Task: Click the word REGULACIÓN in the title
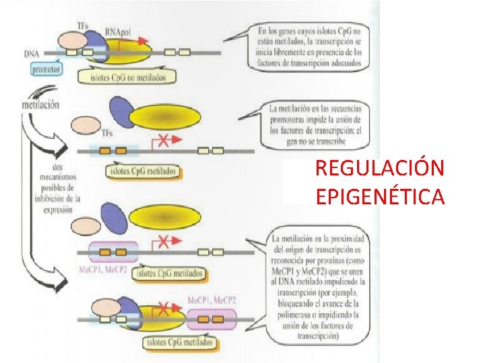click(x=379, y=168)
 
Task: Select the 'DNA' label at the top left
click(x=31, y=52)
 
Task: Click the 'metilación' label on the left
click(x=40, y=104)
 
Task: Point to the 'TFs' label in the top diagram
click(x=83, y=26)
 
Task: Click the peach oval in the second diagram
click(x=84, y=125)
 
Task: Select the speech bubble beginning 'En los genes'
click(x=308, y=47)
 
